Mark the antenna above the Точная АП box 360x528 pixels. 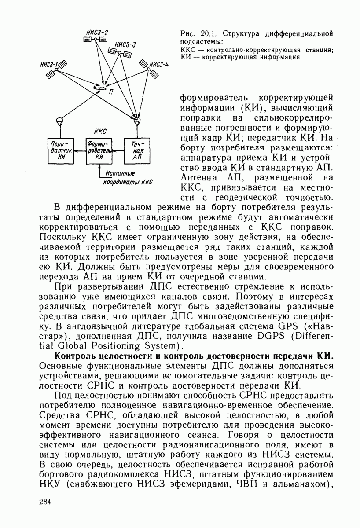coord(137,120)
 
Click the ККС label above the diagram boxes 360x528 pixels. coord(100,131)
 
